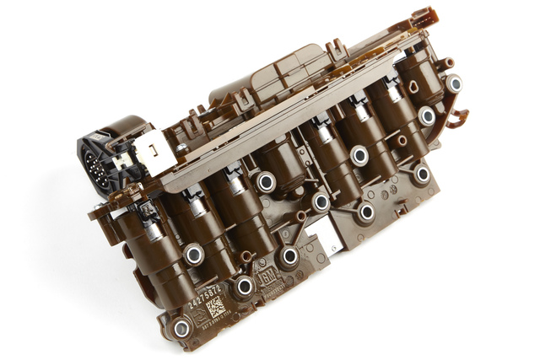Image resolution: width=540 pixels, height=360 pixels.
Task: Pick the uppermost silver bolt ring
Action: tap(454, 83)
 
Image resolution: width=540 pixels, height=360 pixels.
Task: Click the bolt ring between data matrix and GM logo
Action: tap(245, 287)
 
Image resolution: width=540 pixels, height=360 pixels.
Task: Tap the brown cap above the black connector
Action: tap(122, 126)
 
